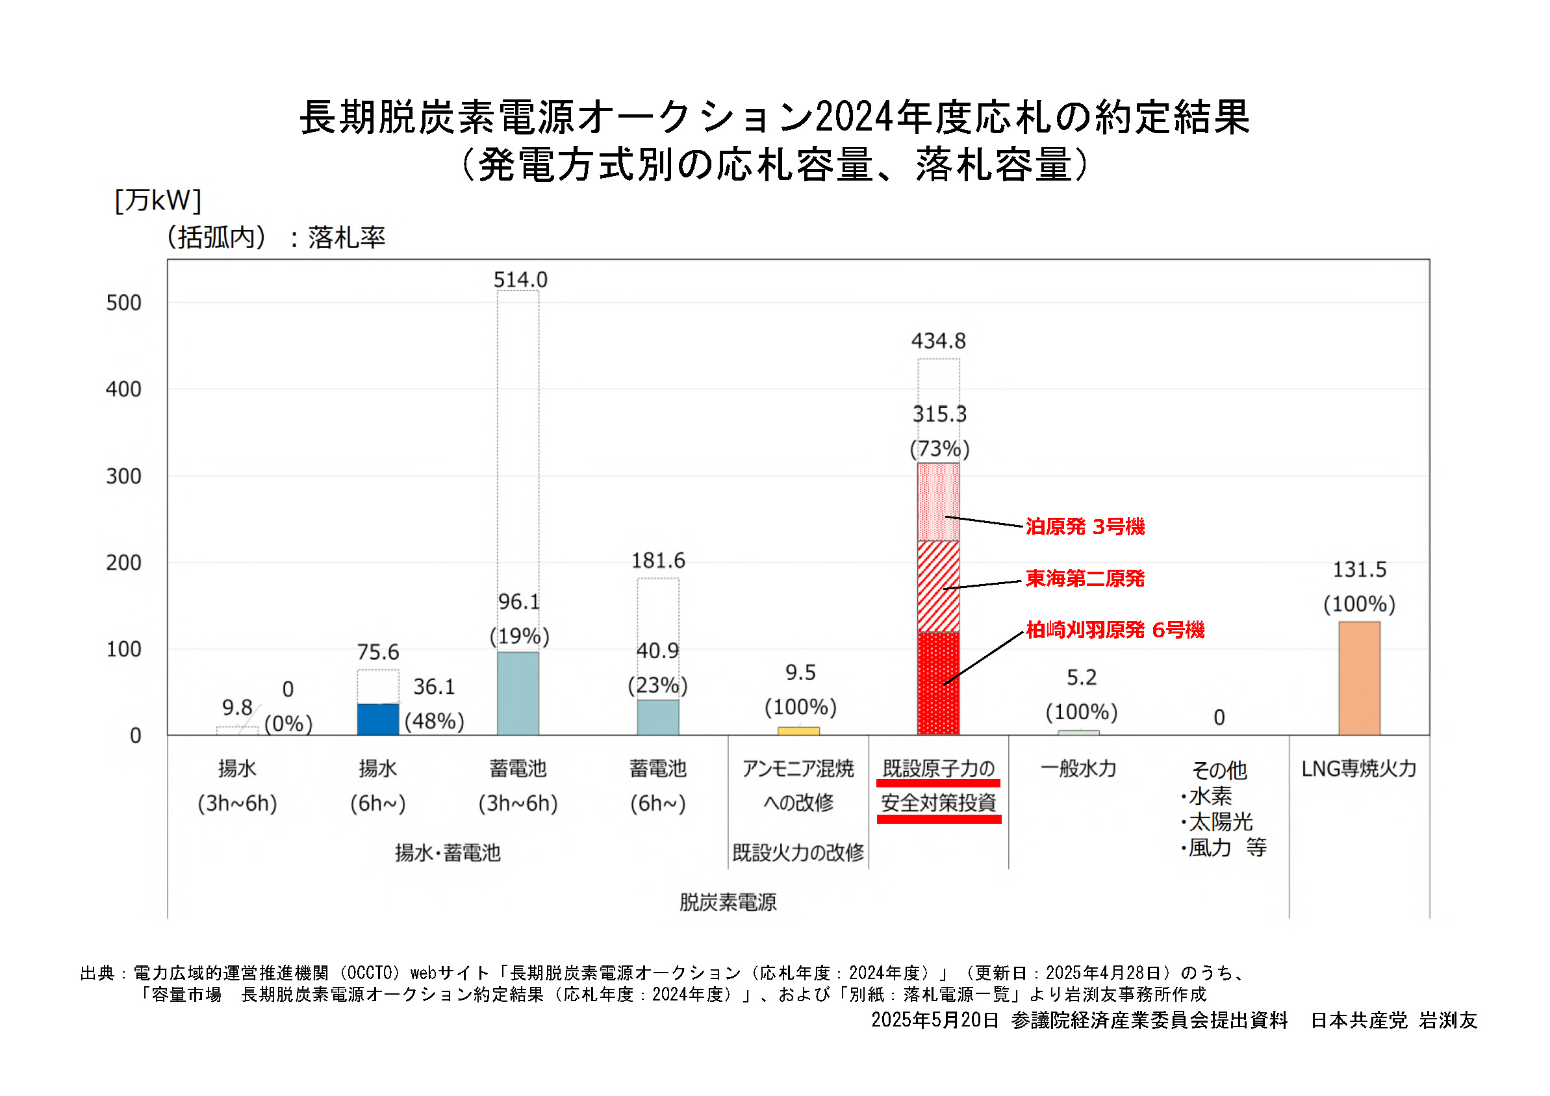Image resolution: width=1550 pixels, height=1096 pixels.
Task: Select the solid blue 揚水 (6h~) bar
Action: click(x=377, y=719)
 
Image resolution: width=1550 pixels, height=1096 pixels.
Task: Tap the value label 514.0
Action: click(x=520, y=279)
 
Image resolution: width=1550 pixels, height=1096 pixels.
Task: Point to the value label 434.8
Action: click(x=937, y=341)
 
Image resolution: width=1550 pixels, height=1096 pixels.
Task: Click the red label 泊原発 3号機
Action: click(x=1084, y=527)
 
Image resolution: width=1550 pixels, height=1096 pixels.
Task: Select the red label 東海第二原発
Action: click(x=1084, y=579)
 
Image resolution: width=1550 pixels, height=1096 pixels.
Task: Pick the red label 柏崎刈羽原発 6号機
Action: click(x=1115, y=630)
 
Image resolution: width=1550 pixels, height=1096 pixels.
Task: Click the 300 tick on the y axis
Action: click(x=123, y=477)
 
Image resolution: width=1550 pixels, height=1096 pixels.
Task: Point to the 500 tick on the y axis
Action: click(x=123, y=303)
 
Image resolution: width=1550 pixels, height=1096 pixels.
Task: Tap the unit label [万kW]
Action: click(x=158, y=201)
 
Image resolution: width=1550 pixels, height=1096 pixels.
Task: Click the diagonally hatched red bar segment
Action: click(x=937, y=586)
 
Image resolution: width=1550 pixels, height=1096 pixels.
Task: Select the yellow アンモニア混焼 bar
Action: click(x=798, y=731)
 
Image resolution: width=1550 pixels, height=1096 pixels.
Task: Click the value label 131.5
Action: click(x=1358, y=570)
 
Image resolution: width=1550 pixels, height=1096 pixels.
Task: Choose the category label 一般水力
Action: click(x=1078, y=769)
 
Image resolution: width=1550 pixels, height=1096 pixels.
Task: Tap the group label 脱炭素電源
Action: click(x=728, y=902)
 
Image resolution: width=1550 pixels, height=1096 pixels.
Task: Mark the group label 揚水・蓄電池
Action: click(x=448, y=853)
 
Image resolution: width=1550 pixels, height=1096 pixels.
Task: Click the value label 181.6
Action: click(x=657, y=561)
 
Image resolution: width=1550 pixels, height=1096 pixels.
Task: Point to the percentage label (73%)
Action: click(x=939, y=449)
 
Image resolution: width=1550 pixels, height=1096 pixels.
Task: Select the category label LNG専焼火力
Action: click(x=1358, y=769)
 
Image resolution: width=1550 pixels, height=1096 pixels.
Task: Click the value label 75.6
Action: click(x=377, y=652)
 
